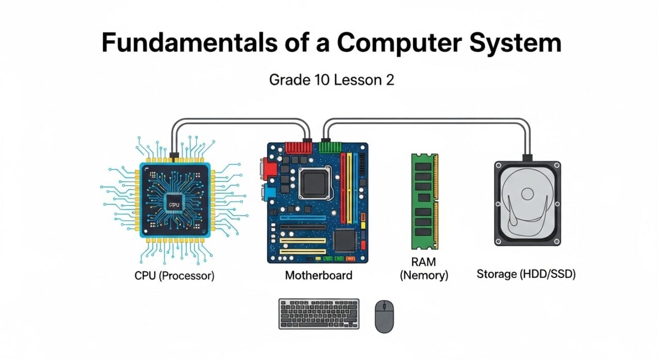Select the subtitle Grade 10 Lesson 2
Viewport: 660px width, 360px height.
(x=332, y=80)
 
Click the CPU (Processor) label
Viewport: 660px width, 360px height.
(x=174, y=275)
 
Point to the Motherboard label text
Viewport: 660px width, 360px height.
(x=319, y=275)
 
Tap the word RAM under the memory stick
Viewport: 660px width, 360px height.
(x=424, y=262)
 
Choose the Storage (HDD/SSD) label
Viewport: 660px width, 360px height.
(x=526, y=274)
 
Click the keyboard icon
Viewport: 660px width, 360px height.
(x=319, y=314)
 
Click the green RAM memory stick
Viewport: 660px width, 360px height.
(x=424, y=201)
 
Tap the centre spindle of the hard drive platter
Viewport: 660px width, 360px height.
(x=527, y=194)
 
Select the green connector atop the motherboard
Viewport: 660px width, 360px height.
(x=331, y=146)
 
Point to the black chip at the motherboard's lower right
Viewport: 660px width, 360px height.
(x=345, y=240)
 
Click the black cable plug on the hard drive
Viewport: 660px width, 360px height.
(x=527, y=157)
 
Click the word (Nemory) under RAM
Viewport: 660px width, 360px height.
(x=424, y=276)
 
